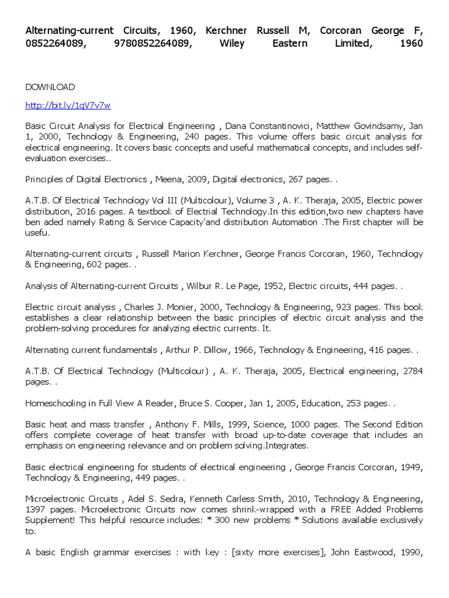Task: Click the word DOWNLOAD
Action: [x=50, y=87]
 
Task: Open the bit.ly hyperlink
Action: [x=68, y=106]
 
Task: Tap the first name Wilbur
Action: [x=200, y=286]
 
